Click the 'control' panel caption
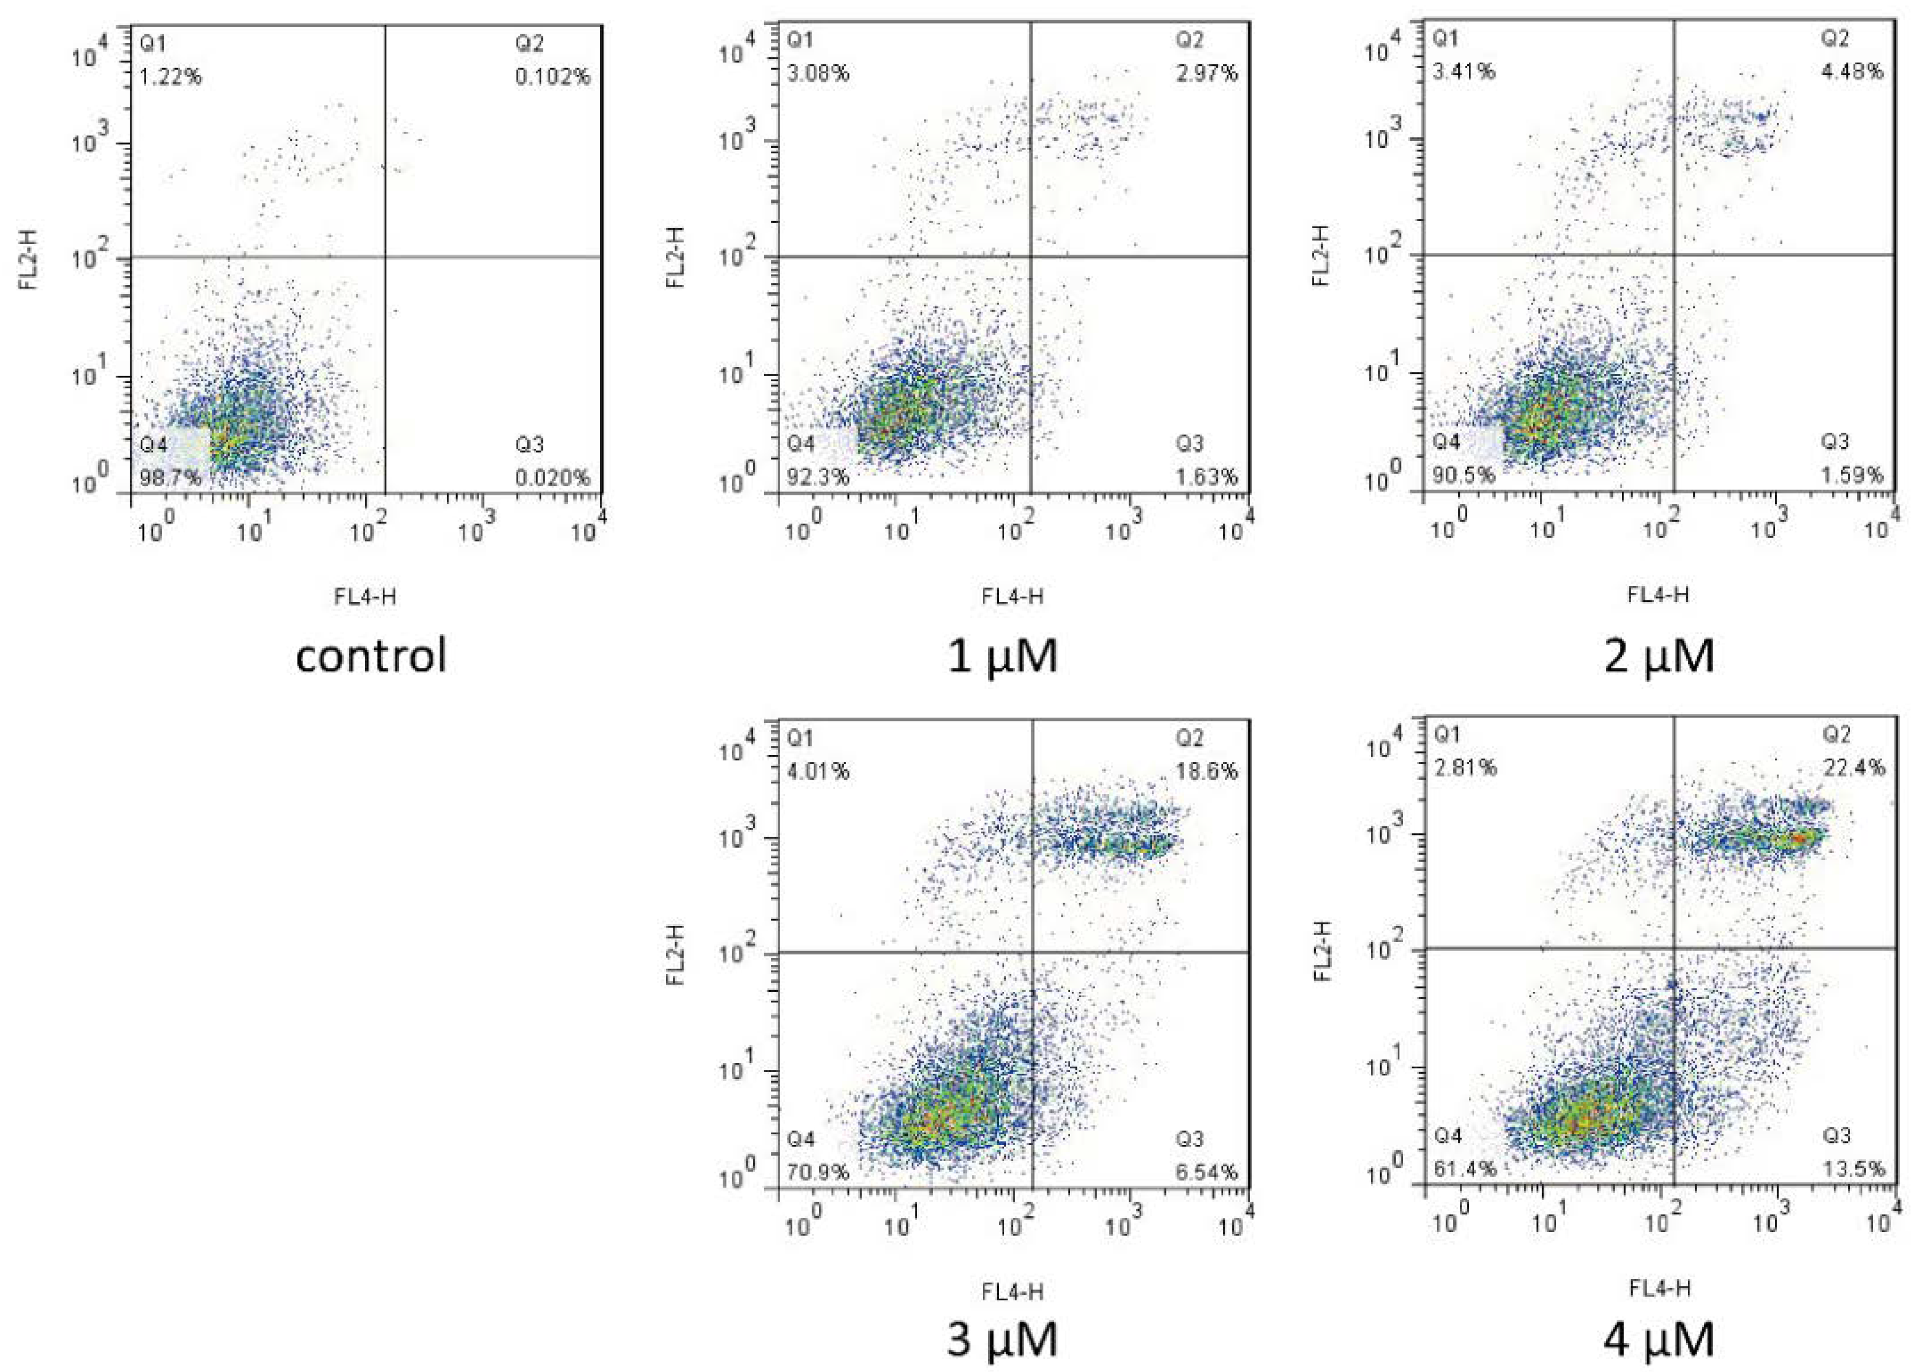click(371, 655)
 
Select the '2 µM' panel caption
click(1659, 655)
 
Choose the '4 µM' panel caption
click(1659, 1339)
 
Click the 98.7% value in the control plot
click(171, 478)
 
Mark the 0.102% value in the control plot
click(553, 77)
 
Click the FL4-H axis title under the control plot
click(365, 597)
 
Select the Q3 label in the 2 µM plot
click(1834, 441)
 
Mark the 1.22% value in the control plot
click(171, 77)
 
